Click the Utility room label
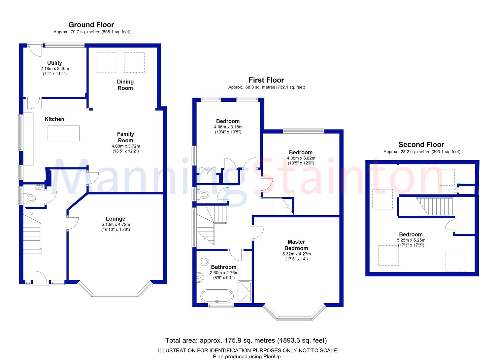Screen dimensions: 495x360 point(54,63)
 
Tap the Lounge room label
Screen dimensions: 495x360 point(115,219)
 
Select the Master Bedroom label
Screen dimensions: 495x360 point(296,245)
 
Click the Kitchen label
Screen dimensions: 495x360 point(54,119)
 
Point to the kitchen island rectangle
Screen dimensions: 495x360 point(64,133)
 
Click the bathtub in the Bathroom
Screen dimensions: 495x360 point(217,296)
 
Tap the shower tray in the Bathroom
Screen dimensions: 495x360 point(245,292)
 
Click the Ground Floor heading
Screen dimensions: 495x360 point(91,24)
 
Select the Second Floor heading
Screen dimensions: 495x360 point(421,145)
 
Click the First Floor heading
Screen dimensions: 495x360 point(266,80)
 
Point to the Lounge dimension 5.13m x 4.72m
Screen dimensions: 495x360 point(116,225)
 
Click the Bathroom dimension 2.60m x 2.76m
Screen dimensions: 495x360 point(224,273)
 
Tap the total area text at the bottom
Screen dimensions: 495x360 point(246,340)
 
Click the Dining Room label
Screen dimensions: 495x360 point(125,85)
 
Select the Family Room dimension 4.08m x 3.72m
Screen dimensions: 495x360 point(126,146)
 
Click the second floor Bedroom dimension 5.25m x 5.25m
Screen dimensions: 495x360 point(411,240)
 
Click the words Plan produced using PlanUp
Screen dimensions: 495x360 point(247,356)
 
